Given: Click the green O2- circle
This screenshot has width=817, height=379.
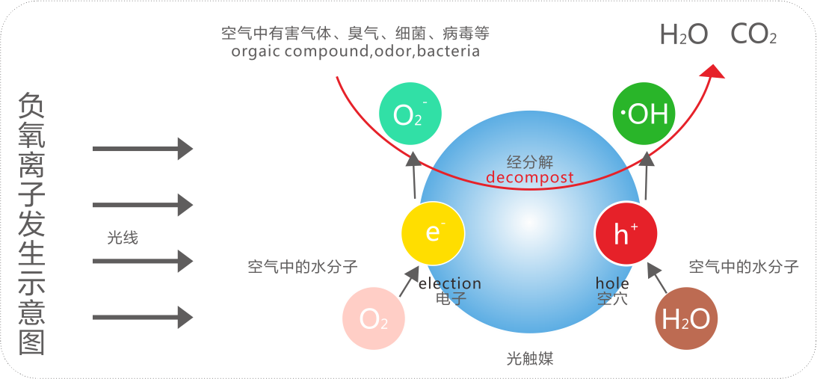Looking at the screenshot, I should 410,114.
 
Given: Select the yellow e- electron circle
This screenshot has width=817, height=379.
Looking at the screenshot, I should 433,232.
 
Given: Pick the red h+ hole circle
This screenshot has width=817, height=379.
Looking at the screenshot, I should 626,233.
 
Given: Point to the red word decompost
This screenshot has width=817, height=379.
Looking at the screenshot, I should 530,178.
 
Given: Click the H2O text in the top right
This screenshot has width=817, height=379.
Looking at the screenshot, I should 683,34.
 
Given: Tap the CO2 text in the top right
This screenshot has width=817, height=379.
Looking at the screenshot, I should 753,34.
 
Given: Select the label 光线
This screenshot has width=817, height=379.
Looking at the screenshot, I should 123,238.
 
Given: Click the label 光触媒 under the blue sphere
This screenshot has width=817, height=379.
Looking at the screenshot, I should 529,359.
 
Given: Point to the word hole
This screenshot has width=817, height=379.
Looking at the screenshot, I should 612,284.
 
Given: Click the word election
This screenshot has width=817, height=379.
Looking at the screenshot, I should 450,284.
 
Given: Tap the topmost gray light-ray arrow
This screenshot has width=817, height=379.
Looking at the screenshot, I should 142,148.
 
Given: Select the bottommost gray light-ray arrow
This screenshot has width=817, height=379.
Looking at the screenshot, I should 142,317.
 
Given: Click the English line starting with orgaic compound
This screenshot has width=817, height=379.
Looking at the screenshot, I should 355,52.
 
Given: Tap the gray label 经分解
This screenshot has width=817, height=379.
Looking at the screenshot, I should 529,161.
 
